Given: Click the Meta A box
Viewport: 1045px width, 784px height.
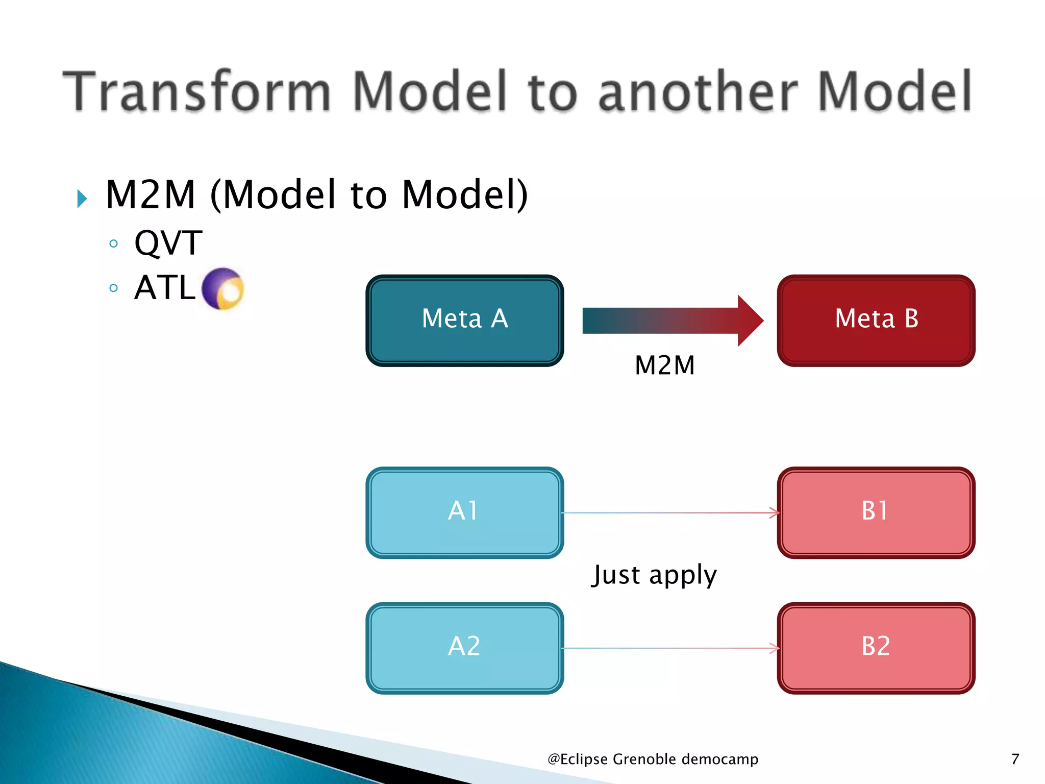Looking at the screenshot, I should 464,321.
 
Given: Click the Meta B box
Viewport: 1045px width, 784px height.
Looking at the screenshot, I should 876,321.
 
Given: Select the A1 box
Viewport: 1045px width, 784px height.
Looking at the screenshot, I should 464,512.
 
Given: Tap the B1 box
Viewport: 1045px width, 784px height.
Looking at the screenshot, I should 876,512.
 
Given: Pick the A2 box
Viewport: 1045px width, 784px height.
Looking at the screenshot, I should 464,648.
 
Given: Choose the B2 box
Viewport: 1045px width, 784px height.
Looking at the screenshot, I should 876,648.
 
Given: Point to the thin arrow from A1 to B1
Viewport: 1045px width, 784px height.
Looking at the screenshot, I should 670,512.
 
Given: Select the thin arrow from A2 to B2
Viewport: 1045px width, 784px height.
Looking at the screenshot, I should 670,648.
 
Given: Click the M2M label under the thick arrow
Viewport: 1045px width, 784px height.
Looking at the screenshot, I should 664,365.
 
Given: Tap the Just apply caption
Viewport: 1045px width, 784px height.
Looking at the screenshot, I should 654,575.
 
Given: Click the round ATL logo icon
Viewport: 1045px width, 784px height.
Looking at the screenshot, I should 223,288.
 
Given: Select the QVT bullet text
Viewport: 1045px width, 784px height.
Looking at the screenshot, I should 168,243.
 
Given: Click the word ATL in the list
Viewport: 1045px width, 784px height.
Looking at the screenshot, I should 164,287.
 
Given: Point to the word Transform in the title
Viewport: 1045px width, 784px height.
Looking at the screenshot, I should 197,91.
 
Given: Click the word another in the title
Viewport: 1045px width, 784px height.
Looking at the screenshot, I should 698,91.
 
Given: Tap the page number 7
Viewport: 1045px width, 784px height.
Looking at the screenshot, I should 1015,759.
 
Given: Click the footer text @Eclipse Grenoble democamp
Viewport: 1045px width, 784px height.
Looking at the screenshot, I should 653,759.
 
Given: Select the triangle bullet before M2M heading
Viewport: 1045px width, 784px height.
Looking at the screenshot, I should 82,199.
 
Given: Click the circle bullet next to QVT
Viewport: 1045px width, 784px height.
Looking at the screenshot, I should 114,243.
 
